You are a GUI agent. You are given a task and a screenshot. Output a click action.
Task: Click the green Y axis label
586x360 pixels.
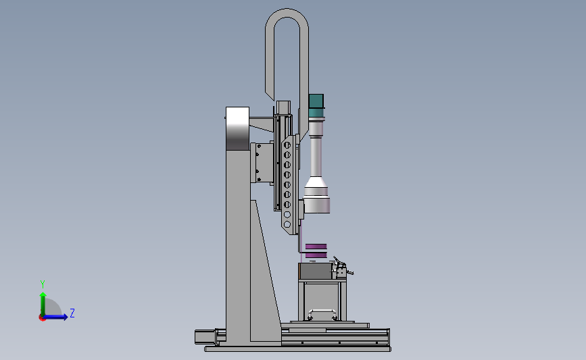coord(43,284)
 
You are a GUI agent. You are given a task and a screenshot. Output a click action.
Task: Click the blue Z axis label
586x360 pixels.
coord(72,313)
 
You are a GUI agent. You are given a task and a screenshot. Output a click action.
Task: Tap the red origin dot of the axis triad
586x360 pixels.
coord(42,318)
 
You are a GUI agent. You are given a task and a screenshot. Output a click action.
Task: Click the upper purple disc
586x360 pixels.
coord(316,247)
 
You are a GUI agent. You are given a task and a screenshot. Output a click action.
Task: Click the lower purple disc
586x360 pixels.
coord(316,255)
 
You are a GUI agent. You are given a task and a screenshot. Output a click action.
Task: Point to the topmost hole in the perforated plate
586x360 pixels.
coord(287,145)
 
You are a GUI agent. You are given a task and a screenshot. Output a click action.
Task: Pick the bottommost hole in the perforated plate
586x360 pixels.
coord(287,224)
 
